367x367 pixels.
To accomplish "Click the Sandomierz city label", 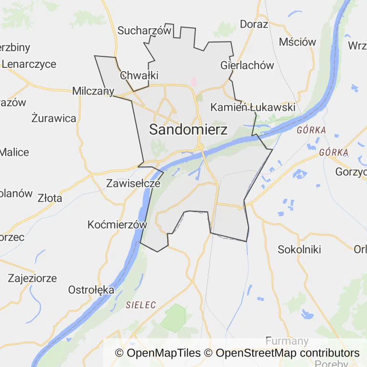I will coord(188,129).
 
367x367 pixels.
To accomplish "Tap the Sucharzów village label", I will coord(144,31).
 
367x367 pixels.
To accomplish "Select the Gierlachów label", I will coord(247,65).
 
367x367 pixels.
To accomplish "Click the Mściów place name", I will coord(297,42).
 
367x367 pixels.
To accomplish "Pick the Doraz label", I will coord(254,24).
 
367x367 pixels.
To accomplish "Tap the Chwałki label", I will coord(139,76).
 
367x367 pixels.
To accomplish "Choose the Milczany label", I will coord(93,91).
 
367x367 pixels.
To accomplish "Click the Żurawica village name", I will coord(54,118).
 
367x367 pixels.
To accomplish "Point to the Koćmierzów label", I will coord(117,225).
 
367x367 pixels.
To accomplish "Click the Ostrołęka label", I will coord(91,290).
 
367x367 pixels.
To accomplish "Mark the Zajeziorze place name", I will coord(32,278).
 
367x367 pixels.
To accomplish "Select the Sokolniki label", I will coord(299,249).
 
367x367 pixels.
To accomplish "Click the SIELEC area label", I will coord(141,305).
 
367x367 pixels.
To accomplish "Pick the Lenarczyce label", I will coord(29,64).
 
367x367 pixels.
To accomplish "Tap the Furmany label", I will coord(287,341).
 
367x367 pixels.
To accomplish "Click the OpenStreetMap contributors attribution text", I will coord(287,353).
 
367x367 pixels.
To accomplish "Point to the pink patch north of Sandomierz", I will coord(194,82).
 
